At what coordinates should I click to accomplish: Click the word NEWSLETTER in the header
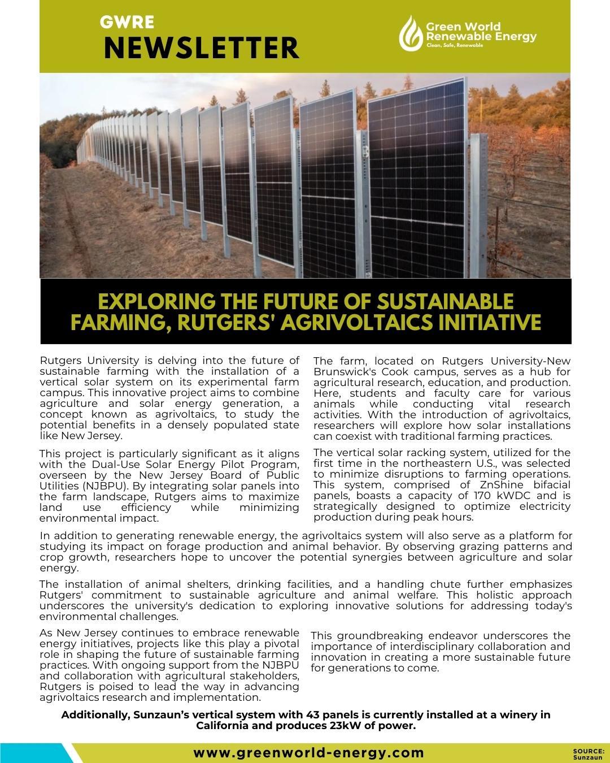click(x=201, y=48)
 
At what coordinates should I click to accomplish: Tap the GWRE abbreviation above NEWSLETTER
click(x=127, y=22)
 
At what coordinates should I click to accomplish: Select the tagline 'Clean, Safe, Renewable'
click(x=455, y=45)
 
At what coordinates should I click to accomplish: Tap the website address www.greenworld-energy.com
click(x=308, y=753)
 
